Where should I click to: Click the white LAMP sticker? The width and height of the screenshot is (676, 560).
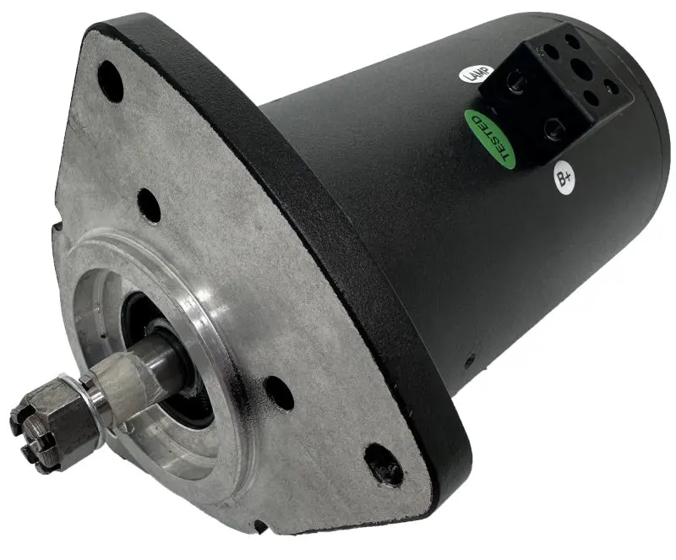pos(476,73)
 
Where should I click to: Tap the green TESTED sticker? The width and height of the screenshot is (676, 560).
pos(490,139)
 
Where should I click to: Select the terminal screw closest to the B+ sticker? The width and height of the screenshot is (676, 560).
pos(553,129)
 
